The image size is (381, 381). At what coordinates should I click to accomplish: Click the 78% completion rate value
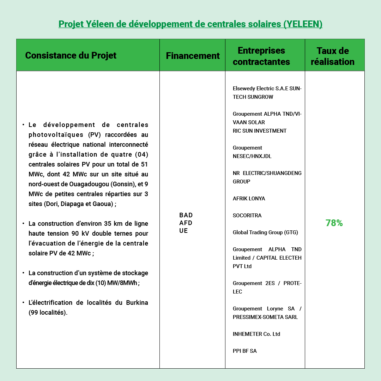334,223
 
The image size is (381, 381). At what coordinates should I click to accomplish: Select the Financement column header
193,56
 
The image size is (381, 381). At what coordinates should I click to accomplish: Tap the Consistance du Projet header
71,55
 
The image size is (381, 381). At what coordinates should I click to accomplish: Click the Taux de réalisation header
332,56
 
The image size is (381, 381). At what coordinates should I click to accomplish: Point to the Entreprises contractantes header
261,56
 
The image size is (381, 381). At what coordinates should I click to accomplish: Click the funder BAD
186,215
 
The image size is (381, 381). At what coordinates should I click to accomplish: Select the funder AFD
186,223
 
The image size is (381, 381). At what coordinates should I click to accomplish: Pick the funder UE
183,231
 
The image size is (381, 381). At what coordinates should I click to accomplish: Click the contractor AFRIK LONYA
249,199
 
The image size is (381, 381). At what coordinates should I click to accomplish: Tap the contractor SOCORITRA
247,216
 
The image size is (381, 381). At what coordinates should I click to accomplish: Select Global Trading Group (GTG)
265,232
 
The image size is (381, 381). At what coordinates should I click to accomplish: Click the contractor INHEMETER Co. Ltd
256,334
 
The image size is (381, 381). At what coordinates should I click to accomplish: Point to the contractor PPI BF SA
244,351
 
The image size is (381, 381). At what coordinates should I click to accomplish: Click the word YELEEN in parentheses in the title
303,24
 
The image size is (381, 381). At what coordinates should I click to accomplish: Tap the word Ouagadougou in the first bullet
90,184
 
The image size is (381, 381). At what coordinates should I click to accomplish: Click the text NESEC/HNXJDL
252,156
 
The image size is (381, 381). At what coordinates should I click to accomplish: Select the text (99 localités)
48,313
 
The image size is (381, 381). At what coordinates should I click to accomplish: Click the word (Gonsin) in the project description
124,184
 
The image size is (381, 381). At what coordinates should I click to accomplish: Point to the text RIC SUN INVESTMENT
260,131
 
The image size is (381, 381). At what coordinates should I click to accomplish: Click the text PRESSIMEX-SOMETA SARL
265,317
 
